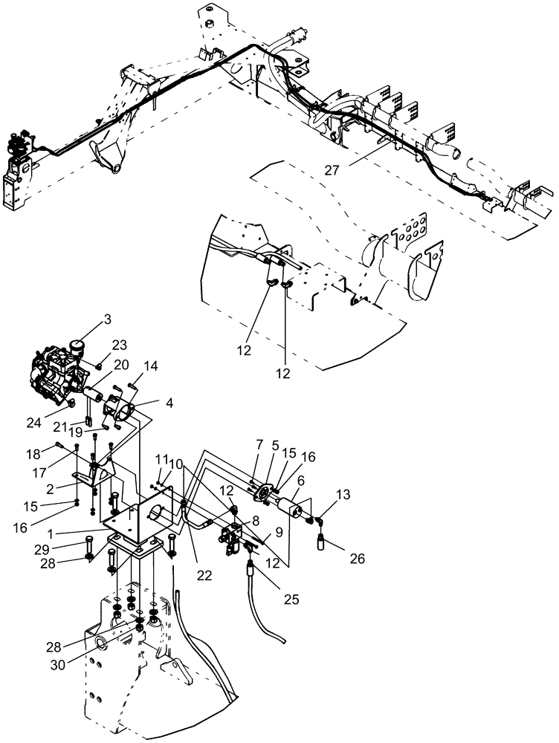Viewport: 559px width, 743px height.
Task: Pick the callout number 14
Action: point(151,366)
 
